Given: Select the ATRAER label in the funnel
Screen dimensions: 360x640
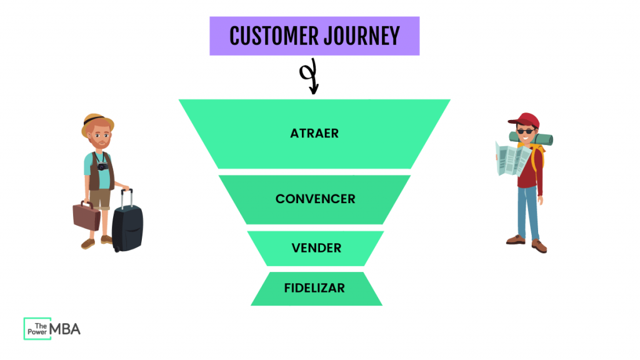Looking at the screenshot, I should tap(314, 134).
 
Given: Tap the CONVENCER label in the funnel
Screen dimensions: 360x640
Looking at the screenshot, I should tap(315, 199).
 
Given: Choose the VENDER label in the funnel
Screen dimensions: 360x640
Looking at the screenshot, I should tap(316, 248).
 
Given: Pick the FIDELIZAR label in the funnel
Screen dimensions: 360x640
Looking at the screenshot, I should tap(314, 288).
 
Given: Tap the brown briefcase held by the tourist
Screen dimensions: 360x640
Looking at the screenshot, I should tap(86, 215).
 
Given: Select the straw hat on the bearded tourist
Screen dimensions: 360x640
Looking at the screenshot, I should tap(97, 124).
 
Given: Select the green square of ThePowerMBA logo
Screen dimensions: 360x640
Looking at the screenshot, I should tap(36, 329).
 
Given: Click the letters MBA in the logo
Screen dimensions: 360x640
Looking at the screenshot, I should tap(66, 329).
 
